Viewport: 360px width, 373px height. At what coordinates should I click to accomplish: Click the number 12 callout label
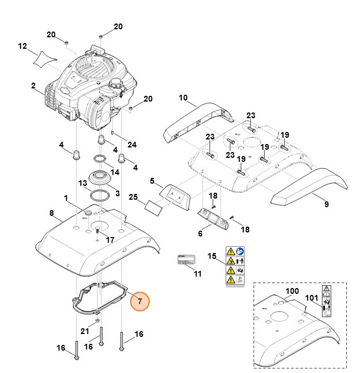[22, 46]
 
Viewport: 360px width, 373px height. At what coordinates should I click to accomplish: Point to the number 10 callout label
[183, 99]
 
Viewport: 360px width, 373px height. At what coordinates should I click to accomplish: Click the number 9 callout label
[326, 204]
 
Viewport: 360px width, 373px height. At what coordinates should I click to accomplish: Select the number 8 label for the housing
[51, 213]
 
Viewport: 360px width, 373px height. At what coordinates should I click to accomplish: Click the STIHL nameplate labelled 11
[189, 259]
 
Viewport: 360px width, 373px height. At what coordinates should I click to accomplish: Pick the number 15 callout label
[212, 255]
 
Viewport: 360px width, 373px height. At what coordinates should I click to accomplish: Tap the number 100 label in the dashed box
[292, 291]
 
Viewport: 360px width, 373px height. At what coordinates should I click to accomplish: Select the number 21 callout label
[84, 331]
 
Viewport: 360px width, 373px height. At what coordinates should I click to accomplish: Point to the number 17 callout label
[111, 239]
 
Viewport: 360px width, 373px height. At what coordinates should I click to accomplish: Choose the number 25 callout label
[133, 197]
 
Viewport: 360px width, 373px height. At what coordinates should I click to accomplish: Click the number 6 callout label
[200, 234]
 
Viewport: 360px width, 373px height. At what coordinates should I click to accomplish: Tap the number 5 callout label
[152, 181]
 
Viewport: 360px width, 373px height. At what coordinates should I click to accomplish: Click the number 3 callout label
[117, 193]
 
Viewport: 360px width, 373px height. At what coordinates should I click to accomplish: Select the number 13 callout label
[83, 182]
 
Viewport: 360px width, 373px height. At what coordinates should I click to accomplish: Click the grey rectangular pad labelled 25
[154, 206]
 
